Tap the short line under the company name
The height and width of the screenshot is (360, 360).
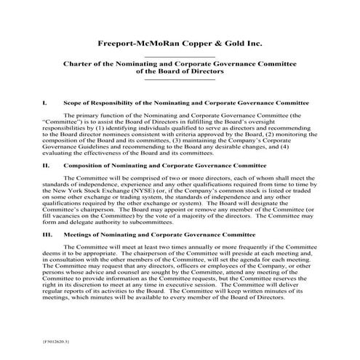tap(180, 55)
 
